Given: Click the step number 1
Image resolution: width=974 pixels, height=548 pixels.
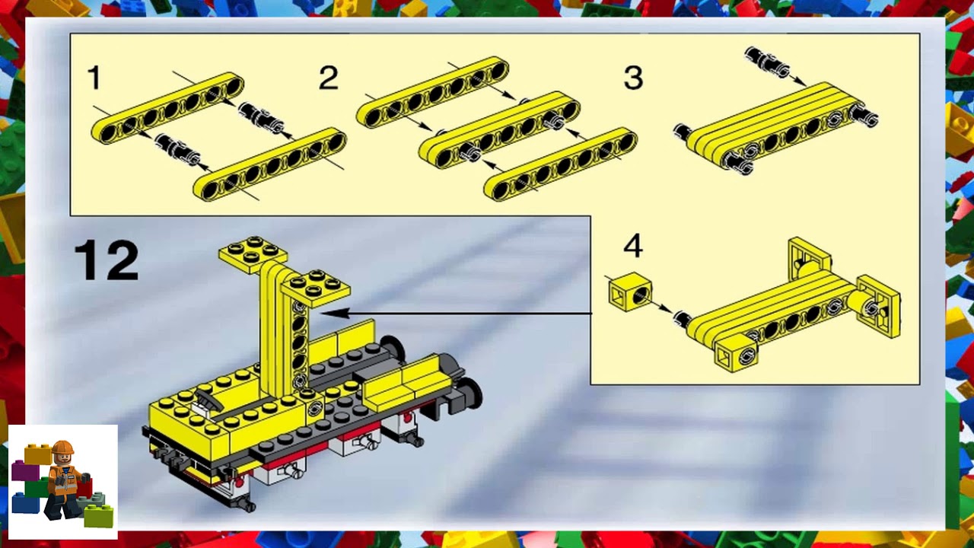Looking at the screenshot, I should (94, 78).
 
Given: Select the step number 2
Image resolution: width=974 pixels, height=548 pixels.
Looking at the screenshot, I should (328, 78).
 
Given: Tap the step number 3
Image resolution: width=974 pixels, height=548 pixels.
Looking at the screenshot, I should (633, 78).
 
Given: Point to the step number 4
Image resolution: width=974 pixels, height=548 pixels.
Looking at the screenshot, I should (633, 246).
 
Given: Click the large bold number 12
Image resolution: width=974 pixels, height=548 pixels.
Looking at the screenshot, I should (107, 260).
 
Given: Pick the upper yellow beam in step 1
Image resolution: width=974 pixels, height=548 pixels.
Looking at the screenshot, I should (167, 109).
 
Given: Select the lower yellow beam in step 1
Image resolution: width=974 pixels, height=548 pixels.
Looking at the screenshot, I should (270, 164).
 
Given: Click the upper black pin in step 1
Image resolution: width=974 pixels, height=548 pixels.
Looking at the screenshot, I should (261, 116).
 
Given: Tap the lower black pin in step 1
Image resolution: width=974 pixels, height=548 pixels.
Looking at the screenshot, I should (177, 148).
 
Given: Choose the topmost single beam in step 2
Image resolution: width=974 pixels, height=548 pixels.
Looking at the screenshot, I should (432, 91).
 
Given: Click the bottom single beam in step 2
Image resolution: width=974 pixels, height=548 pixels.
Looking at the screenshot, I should (561, 164).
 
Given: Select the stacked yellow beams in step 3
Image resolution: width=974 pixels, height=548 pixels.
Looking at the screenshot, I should (776, 126).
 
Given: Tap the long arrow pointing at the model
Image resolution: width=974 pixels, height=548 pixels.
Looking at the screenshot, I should (457, 312).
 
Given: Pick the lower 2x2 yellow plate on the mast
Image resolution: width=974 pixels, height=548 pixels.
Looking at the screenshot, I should (315, 288).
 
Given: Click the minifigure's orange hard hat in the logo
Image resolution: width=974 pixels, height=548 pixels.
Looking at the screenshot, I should (62, 448).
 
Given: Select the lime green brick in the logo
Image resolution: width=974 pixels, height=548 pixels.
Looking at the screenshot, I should (99, 516).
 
